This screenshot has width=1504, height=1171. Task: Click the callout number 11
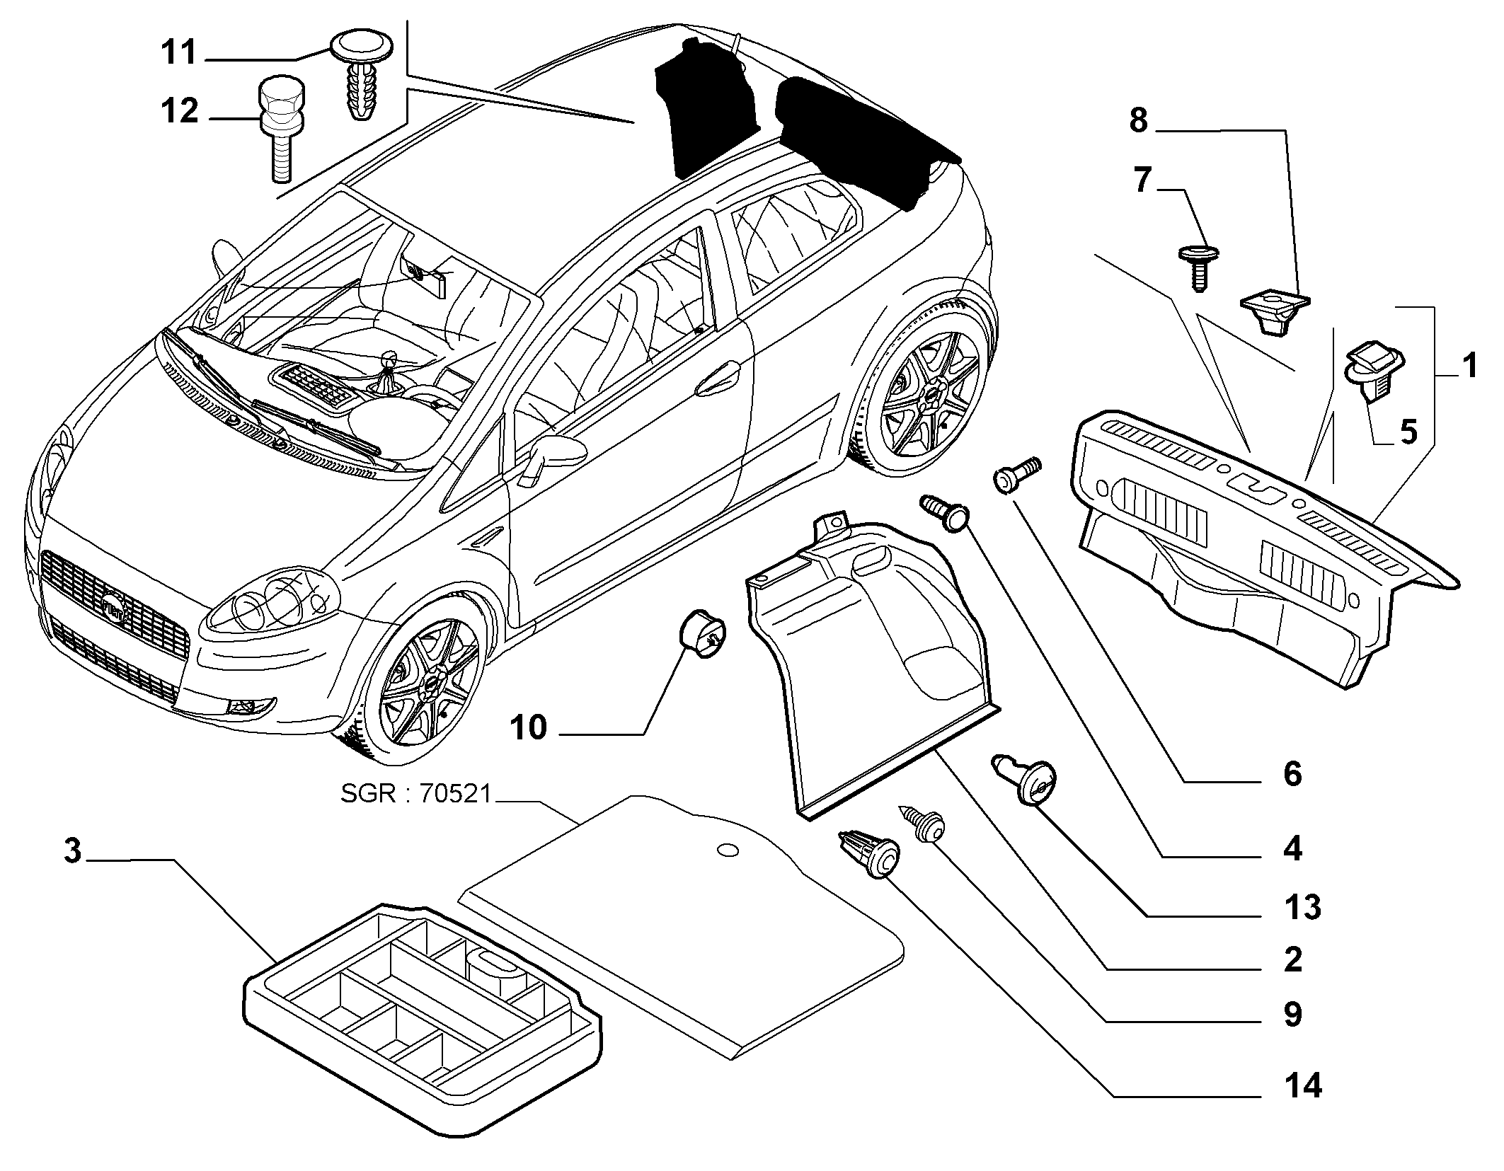(179, 54)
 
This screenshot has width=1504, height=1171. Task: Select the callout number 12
(179, 112)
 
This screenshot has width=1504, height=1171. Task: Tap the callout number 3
(73, 852)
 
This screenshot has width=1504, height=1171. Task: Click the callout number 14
(1302, 1085)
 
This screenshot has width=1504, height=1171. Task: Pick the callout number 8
(1138, 122)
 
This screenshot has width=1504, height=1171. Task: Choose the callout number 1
(1471, 367)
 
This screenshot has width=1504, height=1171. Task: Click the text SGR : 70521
(415, 795)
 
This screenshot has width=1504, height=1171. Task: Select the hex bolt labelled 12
(282, 127)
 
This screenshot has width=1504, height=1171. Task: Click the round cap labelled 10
(702, 634)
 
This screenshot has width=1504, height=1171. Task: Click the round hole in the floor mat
(726, 850)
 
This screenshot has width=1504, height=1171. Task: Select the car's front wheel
(426, 683)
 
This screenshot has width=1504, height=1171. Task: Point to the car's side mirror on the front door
(556, 454)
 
